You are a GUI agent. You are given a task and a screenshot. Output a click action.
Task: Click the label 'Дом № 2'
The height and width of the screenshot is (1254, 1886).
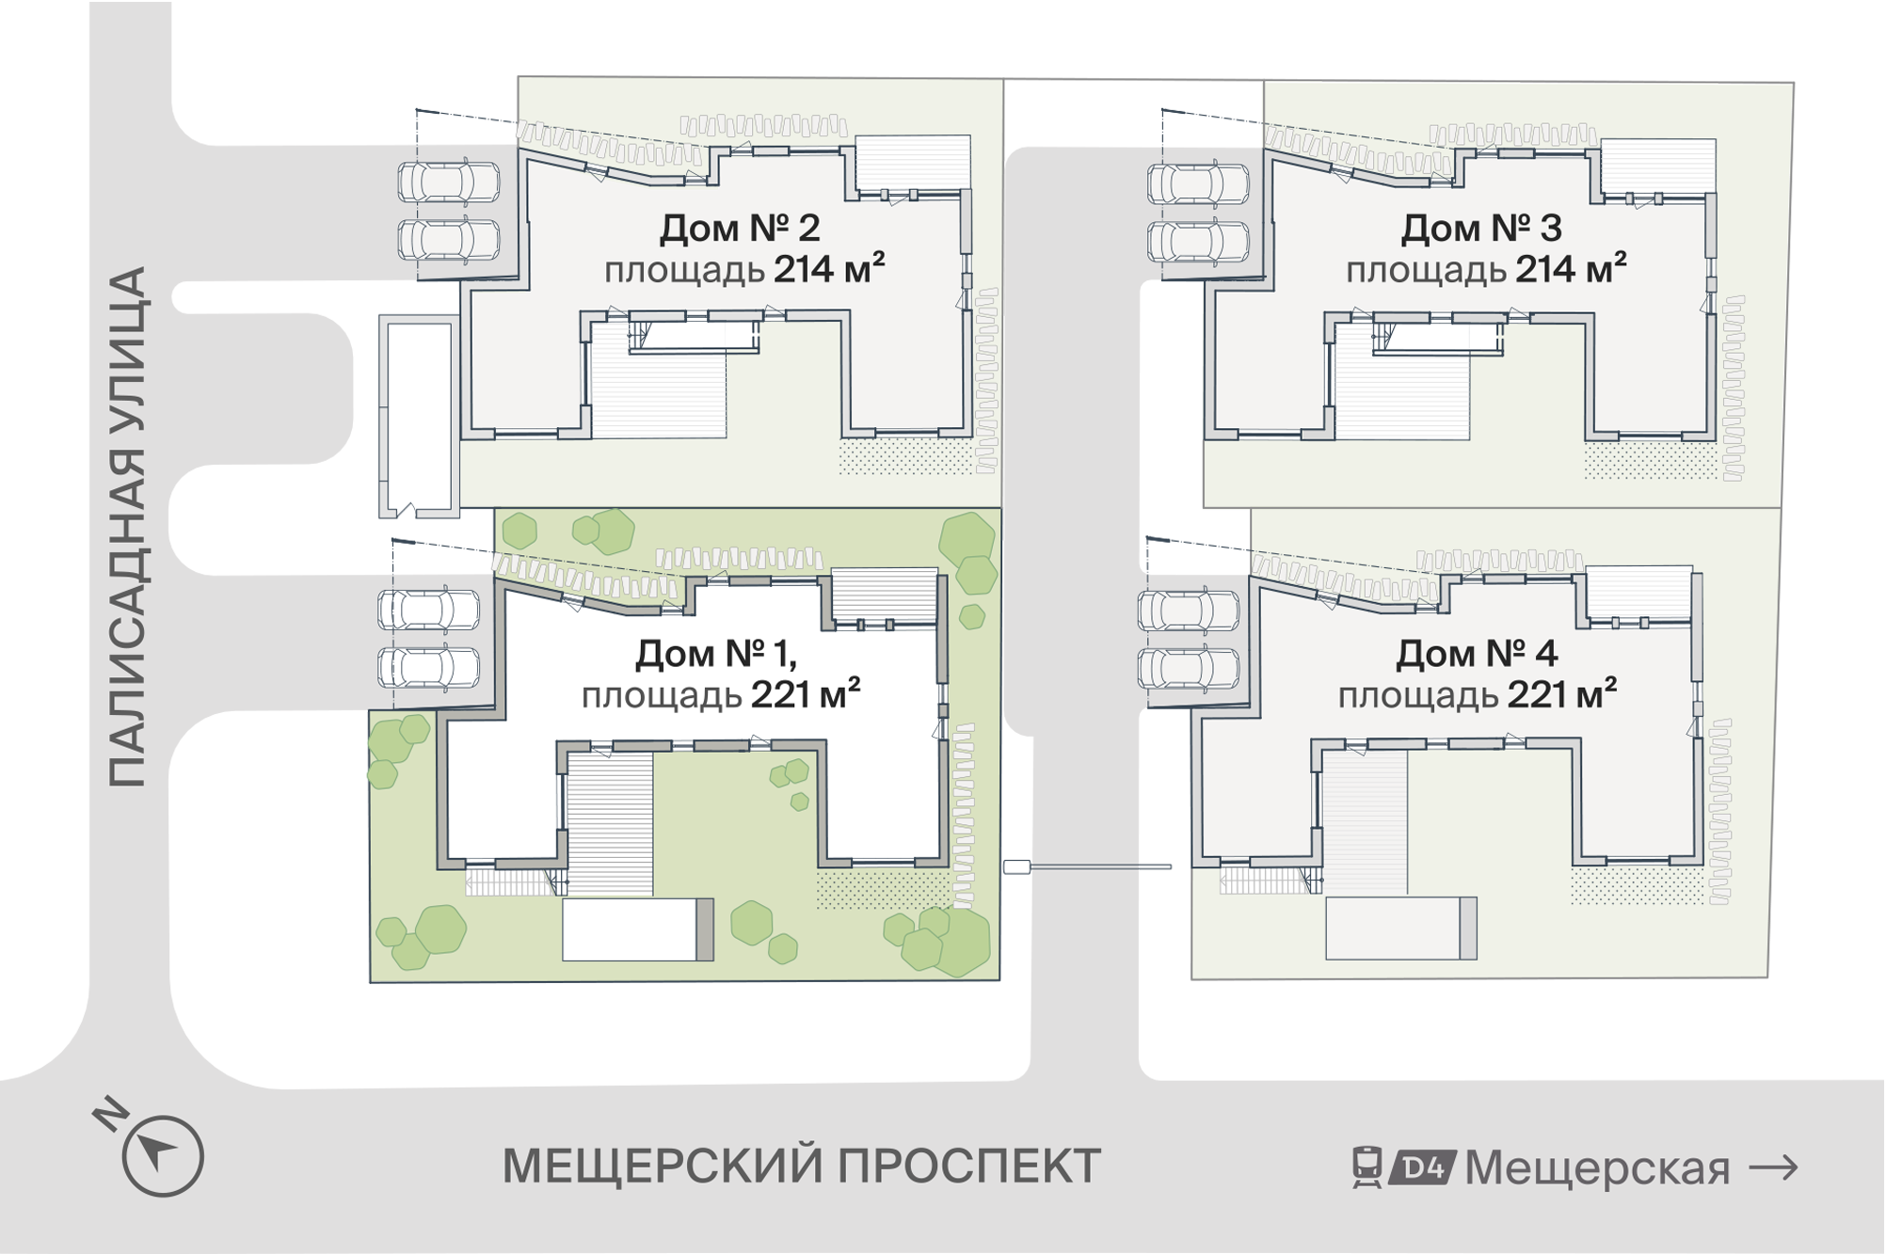point(740,228)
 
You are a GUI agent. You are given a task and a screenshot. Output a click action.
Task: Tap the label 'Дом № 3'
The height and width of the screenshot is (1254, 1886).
point(1481,228)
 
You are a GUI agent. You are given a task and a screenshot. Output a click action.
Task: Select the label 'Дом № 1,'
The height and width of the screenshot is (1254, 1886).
point(716,654)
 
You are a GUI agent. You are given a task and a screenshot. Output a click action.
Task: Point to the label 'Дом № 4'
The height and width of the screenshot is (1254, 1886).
point(1477,654)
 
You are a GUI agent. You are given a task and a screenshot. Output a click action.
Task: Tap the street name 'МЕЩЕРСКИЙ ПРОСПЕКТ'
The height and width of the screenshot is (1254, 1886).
point(802,1167)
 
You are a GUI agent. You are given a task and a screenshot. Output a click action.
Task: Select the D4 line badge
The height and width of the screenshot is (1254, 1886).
point(1422,1167)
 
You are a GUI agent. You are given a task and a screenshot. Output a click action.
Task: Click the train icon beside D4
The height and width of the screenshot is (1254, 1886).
point(1367,1167)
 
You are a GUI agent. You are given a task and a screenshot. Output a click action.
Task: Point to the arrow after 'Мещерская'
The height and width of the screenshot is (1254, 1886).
point(1773,1168)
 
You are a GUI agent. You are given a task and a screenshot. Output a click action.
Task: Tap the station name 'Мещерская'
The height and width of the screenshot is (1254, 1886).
point(1598,1168)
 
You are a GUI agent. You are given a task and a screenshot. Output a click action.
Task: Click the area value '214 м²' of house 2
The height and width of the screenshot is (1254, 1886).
point(829,269)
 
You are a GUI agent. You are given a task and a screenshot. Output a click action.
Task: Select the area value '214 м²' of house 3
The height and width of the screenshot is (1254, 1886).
point(1571,269)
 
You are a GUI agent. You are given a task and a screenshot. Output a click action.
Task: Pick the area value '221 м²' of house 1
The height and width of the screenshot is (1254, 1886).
point(806,694)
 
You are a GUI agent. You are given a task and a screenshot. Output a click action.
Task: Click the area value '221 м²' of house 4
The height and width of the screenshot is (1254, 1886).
point(1562,694)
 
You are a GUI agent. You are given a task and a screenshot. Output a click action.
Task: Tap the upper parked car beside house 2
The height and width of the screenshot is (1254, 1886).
point(449,182)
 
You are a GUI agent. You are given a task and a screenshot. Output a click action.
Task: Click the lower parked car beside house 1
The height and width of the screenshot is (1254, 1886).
point(428,668)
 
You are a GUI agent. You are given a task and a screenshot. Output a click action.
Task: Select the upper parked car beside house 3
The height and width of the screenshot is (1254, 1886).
point(1198,183)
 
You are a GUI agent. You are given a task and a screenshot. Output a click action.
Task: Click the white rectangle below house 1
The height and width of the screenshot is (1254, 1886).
point(637,929)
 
